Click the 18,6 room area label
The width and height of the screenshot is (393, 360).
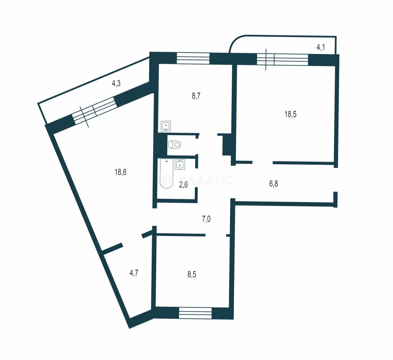(120, 172)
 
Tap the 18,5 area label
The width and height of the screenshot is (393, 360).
(290, 114)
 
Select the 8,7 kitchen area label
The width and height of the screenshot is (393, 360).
(196, 96)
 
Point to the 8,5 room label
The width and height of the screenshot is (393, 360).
(192, 274)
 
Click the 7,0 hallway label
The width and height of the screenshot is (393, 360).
(206, 219)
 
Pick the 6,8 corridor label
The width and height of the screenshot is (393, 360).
(273, 184)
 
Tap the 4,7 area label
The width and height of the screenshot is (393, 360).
(134, 273)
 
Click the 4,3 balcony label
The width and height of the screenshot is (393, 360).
(116, 83)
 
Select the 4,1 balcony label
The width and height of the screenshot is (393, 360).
(321, 47)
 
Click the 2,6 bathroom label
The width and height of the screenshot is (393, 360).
(183, 185)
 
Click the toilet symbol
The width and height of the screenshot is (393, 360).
(175, 145)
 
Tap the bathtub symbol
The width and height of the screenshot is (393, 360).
(167, 173)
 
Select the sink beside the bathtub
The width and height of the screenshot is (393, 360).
(180, 165)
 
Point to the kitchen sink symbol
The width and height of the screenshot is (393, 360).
(166, 126)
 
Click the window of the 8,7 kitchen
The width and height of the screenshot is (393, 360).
(193, 58)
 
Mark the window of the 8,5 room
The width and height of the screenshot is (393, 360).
(196, 313)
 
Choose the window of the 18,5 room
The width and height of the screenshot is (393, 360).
(282, 60)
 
